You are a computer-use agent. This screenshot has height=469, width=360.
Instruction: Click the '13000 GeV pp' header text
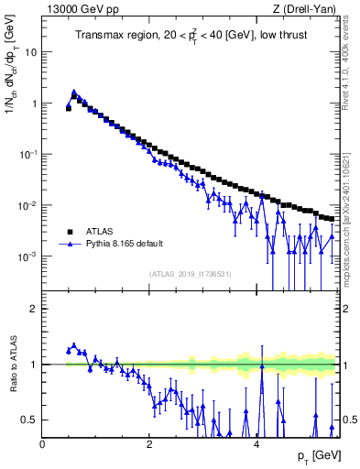[x=76, y=9]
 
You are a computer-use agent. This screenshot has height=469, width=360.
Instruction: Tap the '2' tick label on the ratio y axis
[x=35, y=309]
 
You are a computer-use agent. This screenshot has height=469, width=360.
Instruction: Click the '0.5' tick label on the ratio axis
[x=30, y=420]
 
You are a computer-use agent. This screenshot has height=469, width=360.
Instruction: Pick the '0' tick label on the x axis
[x=43, y=442]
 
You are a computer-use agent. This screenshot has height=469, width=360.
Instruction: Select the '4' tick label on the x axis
[x=256, y=442]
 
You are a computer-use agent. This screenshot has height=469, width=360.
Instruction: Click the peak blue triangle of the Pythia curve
[x=73, y=92]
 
